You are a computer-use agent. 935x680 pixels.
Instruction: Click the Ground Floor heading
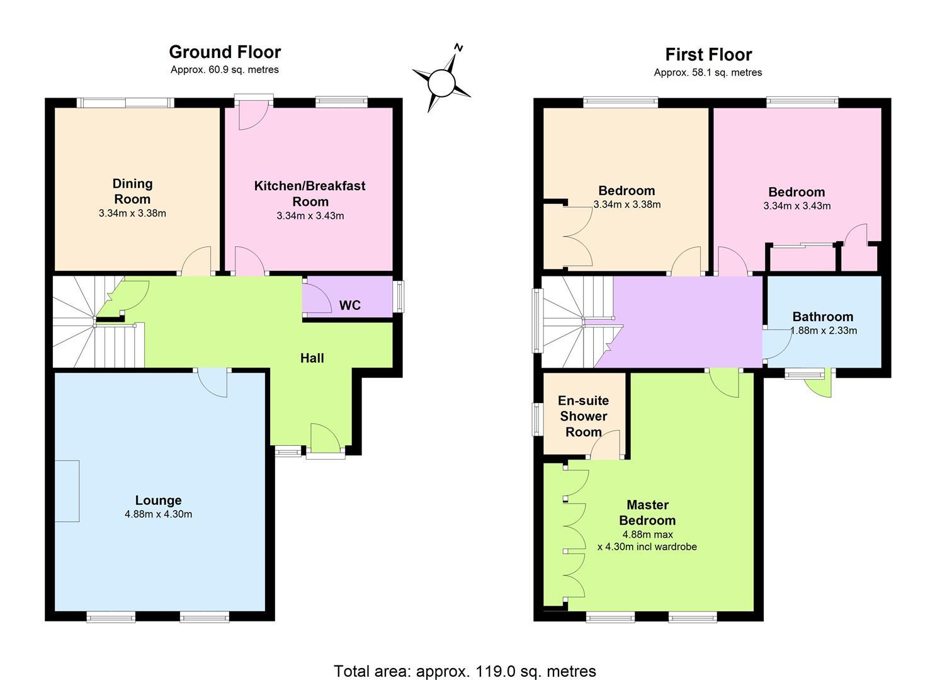(x=225, y=52)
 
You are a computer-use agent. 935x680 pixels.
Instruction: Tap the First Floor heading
(x=708, y=55)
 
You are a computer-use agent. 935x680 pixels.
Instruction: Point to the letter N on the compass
(x=459, y=48)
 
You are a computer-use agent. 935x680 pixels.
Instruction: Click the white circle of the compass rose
(x=441, y=83)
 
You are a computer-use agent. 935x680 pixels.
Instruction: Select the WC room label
(x=350, y=305)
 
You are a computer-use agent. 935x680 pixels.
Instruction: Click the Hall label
(x=312, y=358)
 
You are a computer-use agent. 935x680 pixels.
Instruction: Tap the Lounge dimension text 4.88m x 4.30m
(x=158, y=514)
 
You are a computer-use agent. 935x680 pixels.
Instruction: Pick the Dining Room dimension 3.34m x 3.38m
(x=132, y=213)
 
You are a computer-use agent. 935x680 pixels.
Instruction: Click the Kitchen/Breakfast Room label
(x=310, y=193)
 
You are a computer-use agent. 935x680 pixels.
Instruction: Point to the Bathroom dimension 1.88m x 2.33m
(x=824, y=331)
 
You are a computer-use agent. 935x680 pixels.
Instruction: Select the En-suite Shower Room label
(x=583, y=416)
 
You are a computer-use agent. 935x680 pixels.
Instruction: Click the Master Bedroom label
(x=647, y=513)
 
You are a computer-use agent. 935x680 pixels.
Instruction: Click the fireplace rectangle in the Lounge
(x=67, y=491)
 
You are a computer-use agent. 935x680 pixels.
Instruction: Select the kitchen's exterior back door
(x=253, y=112)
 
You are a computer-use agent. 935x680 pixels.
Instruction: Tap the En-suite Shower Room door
(x=604, y=445)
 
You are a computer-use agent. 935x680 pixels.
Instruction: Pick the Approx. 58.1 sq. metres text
(x=708, y=72)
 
